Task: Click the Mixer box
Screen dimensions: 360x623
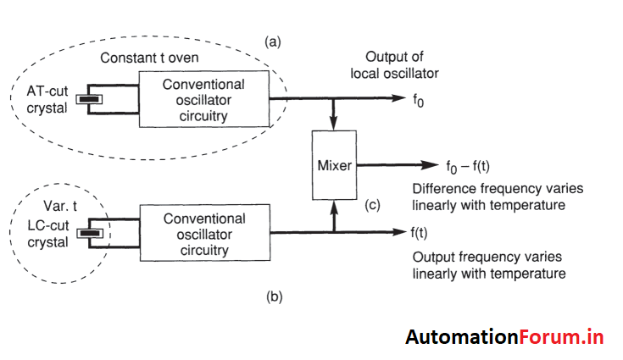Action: [334, 165]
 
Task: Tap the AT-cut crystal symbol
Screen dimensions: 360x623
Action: [87, 100]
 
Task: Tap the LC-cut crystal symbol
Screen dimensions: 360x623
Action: [87, 231]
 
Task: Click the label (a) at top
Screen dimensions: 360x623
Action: [274, 40]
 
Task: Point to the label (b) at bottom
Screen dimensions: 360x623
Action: [274, 296]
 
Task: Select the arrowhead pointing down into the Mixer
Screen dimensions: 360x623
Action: [334, 125]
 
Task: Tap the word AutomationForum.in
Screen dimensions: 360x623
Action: [503, 336]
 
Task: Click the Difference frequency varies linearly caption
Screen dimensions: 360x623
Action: [497, 196]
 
